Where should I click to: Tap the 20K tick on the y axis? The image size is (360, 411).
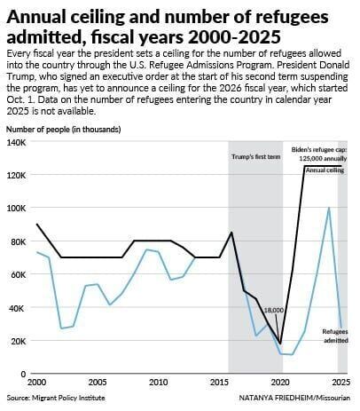(17, 342)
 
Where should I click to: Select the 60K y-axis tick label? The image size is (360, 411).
(17, 275)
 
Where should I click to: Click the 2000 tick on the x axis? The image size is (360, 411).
(36, 382)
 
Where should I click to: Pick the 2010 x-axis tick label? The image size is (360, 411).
(158, 382)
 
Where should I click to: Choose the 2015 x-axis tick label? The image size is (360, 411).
(219, 382)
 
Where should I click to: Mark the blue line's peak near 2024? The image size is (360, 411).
(330, 208)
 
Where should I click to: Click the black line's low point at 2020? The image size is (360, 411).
(280, 344)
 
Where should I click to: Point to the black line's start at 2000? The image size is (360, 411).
(36, 225)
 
